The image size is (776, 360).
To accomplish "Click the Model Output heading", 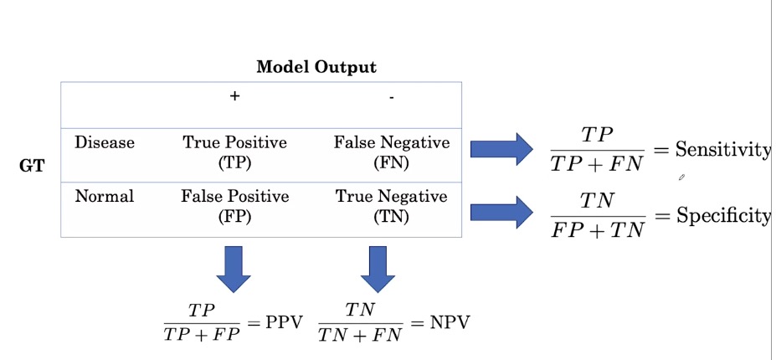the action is click(316, 67).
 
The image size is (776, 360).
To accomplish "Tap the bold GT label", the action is click(32, 166).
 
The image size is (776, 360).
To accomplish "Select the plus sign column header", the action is click(234, 96).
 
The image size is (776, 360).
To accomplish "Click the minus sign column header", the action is click(392, 98).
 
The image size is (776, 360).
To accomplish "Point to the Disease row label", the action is click(105, 142).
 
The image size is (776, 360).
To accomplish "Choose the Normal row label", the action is click(105, 196).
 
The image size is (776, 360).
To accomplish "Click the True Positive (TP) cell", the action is click(234, 153).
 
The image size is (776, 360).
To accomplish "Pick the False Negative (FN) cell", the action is click(392, 153).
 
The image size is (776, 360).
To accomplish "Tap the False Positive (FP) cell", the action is click(234, 207).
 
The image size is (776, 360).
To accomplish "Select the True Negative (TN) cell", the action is click(392, 207).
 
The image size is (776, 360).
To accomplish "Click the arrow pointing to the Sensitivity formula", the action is click(501, 148).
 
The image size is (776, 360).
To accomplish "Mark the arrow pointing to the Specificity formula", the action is click(501, 212).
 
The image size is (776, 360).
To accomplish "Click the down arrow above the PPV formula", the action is click(234, 269).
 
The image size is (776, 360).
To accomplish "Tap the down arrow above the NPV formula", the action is click(378, 269).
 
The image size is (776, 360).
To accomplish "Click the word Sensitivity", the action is click(723, 151).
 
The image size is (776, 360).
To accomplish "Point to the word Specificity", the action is click(723, 216).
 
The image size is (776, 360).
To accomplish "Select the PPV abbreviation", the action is click(284, 323).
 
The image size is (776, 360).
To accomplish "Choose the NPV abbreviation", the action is click(450, 323).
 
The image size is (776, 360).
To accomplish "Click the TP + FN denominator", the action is click(598, 163).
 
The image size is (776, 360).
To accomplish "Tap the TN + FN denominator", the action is click(360, 335).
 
